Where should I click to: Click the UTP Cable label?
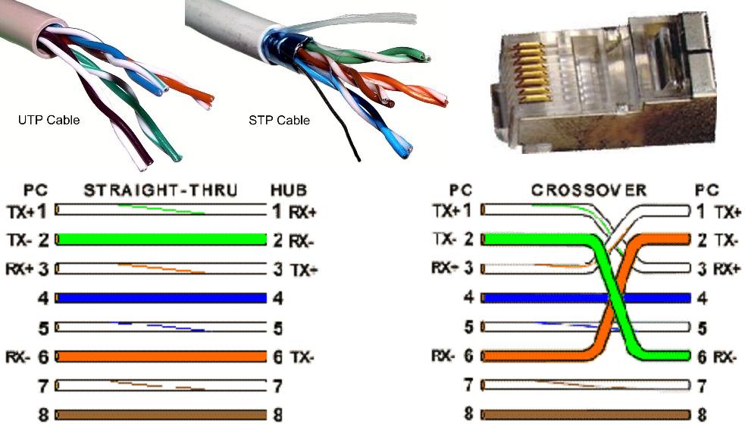coord(49,120)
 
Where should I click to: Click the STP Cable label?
coord(279,120)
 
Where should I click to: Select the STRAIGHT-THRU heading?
coord(161,190)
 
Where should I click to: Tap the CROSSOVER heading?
coord(588,190)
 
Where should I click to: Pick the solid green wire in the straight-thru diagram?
coord(161,240)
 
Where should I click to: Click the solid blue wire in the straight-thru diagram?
coord(161,298)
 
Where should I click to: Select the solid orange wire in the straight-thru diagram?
coord(161,356)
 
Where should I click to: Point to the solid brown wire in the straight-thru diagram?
coord(161,415)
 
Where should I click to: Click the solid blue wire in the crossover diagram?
coord(530,298)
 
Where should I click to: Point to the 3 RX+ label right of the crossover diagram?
coord(717,269)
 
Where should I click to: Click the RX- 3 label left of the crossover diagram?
coord(452,268)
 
